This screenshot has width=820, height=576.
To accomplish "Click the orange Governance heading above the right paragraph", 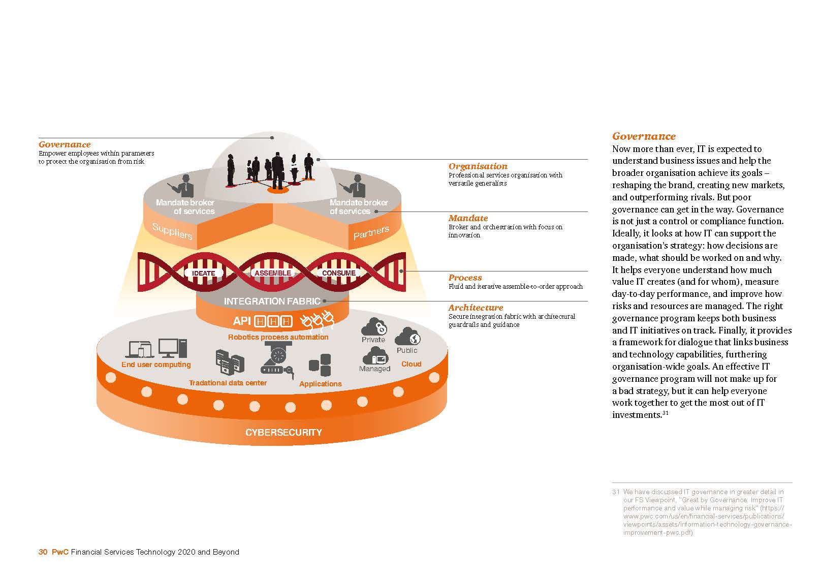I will [x=644, y=136].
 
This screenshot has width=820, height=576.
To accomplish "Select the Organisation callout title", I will [x=478, y=166].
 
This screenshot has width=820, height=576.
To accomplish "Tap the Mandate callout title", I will [x=468, y=218].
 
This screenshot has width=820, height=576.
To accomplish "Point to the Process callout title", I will [x=465, y=278].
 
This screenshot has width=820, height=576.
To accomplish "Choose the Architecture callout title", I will [x=476, y=308].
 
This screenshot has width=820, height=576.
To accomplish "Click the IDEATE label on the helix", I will [x=203, y=273].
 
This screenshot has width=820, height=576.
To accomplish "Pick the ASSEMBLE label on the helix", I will [x=273, y=273].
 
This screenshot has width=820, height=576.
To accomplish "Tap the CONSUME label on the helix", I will [x=338, y=273].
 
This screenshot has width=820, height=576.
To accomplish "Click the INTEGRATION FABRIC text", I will [x=272, y=301].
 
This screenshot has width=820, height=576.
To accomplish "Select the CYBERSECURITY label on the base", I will [x=283, y=433].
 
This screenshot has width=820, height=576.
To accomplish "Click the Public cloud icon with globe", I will [x=407, y=337].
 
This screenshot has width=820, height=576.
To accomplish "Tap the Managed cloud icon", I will [x=375, y=356].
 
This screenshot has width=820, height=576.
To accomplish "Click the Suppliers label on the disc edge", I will [x=172, y=231].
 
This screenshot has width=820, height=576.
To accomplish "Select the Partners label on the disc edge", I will [x=371, y=232].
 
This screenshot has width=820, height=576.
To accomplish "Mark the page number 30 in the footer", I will [x=43, y=552].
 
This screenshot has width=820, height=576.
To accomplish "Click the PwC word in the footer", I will [x=60, y=552].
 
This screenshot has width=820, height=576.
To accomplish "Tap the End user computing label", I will [x=156, y=365].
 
